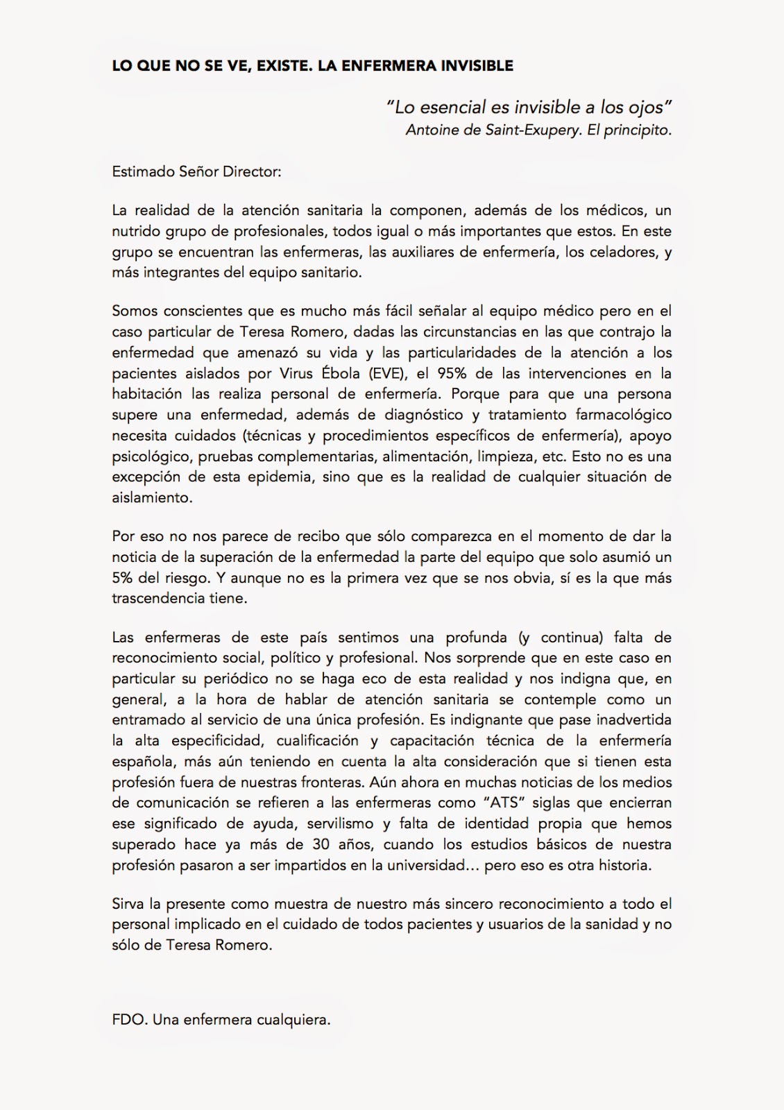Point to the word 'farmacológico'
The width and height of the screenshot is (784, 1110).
pyautogui.click(x=624, y=415)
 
